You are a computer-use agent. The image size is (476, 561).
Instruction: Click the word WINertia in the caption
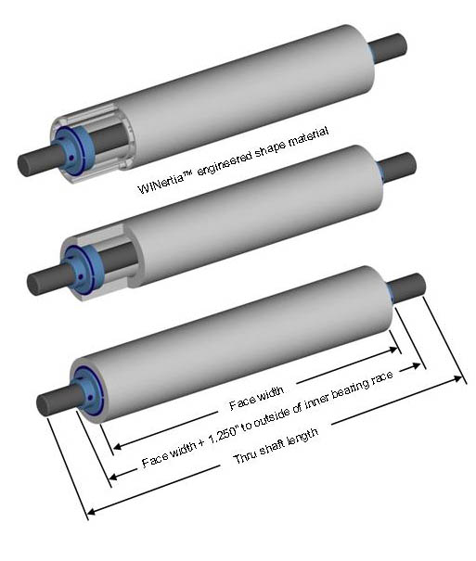tap(161, 183)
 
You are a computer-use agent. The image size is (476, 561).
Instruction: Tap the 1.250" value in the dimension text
tap(223, 432)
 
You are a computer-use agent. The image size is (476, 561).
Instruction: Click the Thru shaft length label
tap(276, 445)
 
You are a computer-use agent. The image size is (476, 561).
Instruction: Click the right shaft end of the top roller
tap(388, 48)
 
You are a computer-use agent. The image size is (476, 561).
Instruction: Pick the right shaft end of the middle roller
tap(398, 168)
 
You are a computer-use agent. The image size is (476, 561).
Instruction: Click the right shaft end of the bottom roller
tap(408, 288)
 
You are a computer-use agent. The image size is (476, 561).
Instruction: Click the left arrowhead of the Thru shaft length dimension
tap(91, 511)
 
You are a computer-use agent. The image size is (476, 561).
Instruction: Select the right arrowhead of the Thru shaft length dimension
tap(457, 378)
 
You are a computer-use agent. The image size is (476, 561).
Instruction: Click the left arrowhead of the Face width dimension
tap(117, 446)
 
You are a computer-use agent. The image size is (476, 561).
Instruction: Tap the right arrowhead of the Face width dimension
tap(393, 350)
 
